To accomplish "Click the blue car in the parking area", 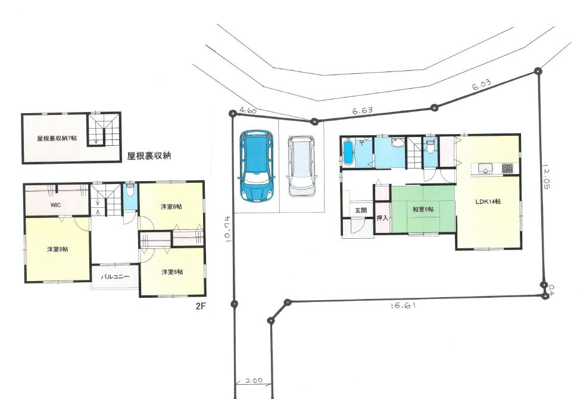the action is [x=257, y=166].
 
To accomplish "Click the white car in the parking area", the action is [x=302, y=166].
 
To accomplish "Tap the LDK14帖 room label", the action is [x=488, y=201].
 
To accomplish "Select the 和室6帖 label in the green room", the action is [x=423, y=209].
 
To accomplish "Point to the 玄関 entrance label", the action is [x=361, y=211].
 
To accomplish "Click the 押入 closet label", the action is [x=382, y=218].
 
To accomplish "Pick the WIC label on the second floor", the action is [x=56, y=205].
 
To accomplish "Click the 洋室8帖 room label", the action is [x=57, y=249].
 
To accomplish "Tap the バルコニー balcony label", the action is [x=115, y=276].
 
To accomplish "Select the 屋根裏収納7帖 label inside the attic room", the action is [x=57, y=138].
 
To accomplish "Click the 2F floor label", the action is [x=200, y=306].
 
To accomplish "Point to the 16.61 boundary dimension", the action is [x=403, y=305].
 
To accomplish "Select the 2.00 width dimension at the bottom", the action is [x=254, y=381].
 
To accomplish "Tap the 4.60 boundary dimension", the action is [x=248, y=110].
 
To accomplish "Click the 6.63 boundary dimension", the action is [x=362, y=110].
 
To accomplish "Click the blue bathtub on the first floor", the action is [x=348, y=152].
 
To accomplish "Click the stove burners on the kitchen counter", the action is [x=507, y=169].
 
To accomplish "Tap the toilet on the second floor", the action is [x=130, y=191].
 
